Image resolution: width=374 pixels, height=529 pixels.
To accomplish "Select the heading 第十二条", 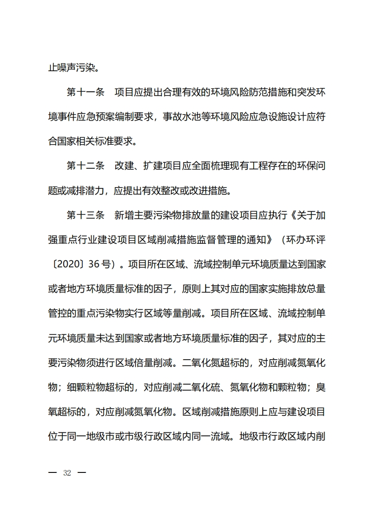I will pyautogui.click(x=85, y=165).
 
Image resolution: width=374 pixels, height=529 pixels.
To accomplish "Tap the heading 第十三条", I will pyautogui.click(x=85, y=215).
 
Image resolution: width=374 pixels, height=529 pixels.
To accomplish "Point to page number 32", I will pyautogui.click(x=67, y=473).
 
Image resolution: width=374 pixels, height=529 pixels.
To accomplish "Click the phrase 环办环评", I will pyautogui.click(x=306, y=240).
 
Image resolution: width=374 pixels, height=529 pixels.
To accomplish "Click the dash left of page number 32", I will pyautogui.click(x=52, y=473).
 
